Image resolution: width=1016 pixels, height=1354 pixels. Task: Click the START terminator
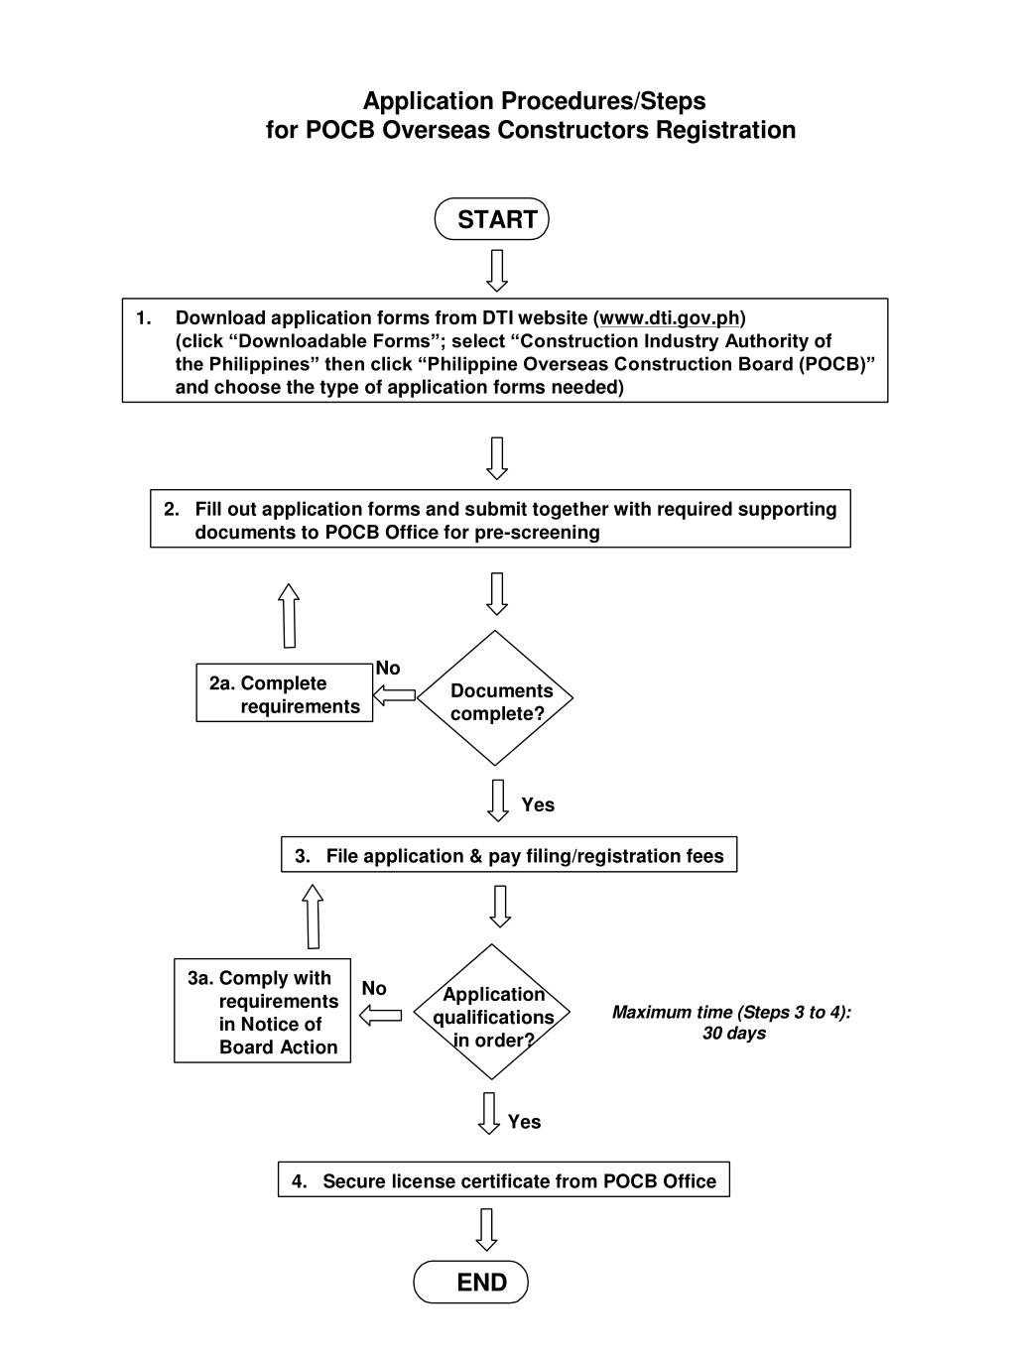coord(492,219)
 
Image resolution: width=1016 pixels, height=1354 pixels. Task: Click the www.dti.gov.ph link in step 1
coord(670,318)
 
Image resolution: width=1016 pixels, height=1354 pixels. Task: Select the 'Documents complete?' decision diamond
coord(495,697)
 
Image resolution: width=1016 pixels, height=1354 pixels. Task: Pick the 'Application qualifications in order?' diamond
coord(492,1012)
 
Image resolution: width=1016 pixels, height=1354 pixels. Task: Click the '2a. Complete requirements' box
coord(285,692)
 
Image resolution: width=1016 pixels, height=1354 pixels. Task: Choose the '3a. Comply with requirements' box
coord(262,1011)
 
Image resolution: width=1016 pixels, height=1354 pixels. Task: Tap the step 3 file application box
coord(509,854)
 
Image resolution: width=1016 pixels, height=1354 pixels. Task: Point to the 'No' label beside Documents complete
coord(388,668)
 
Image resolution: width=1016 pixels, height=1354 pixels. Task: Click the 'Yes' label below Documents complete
coord(538,804)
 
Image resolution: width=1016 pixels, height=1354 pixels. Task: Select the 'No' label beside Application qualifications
coord(374,988)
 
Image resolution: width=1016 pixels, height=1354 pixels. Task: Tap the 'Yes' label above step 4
coord(524,1122)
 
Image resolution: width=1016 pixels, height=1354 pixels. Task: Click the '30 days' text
coord(734,1034)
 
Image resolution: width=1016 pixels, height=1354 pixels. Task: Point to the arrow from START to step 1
coord(497,270)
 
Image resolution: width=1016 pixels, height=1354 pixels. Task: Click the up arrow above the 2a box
coord(289,616)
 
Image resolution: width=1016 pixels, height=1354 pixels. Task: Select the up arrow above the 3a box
coord(313,917)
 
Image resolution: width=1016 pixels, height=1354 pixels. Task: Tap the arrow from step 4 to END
coord(487,1229)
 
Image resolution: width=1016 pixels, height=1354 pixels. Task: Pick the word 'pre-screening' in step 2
coord(537,533)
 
